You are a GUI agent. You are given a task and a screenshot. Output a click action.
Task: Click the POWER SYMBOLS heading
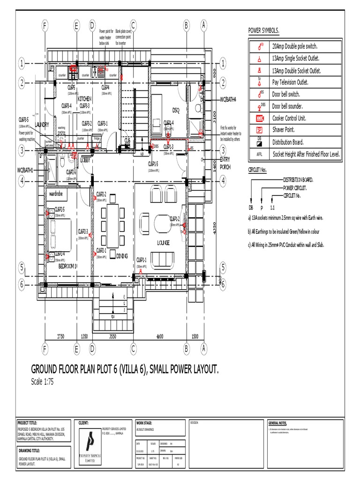(x=263, y=31)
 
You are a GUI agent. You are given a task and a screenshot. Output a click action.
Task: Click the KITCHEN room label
(x=84, y=99)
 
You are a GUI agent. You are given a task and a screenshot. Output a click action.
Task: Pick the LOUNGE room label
(x=163, y=242)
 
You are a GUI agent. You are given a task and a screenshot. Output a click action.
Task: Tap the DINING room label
(x=122, y=256)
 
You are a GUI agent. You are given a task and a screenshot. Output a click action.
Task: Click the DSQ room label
(x=176, y=110)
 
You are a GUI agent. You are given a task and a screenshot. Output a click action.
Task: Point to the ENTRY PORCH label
(x=225, y=164)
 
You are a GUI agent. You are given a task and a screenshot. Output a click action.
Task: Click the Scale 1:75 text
(x=43, y=382)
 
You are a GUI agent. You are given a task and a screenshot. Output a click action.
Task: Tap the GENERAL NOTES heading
(x=277, y=422)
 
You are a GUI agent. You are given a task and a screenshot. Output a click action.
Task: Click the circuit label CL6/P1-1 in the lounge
(x=142, y=260)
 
